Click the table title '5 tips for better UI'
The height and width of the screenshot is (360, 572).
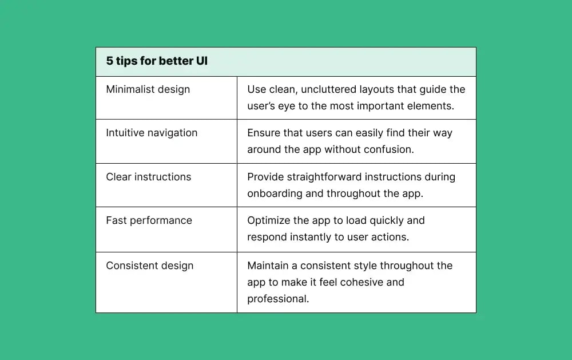coord(156,61)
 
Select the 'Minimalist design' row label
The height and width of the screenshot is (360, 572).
coord(148,89)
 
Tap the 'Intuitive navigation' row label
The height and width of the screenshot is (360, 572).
coord(152,133)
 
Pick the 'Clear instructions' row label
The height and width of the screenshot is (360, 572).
coord(148,177)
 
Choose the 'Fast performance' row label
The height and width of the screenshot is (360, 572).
coord(149,220)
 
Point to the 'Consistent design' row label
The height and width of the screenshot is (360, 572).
coord(149,266)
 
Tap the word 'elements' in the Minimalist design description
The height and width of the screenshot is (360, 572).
coord(430,105)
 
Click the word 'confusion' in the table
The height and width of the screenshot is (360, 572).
coord(391,149)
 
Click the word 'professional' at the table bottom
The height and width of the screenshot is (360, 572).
coord(277,299)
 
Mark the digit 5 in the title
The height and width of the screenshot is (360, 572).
coord(109,61)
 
